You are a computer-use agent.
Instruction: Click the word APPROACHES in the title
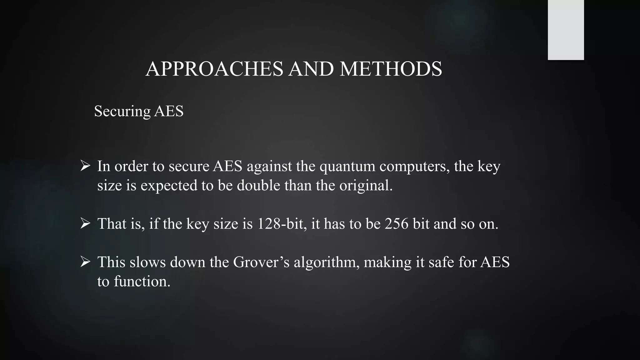click(214, 69)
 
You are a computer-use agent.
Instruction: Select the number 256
click(397, 224)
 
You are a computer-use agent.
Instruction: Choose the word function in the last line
click(142, 281)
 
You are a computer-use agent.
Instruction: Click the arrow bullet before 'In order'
click(85, 166)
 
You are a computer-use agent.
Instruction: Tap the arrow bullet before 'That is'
click(85, 223)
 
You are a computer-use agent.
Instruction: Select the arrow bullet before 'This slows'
click(85, 262)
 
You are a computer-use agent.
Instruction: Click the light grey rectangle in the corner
click(566, 30)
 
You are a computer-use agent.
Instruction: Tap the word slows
click(147, 262)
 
